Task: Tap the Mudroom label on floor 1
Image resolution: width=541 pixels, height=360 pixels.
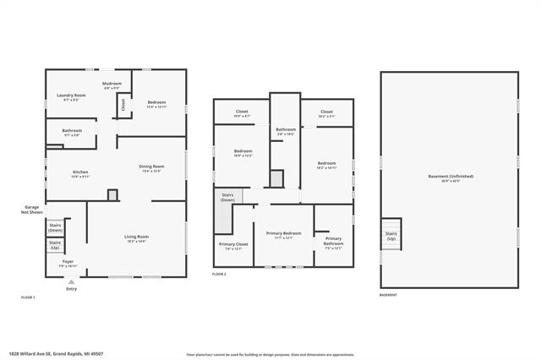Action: pyautogui.click(x=112, y=84)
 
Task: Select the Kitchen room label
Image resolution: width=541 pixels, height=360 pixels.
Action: pyautogui.click(x=79, y=172)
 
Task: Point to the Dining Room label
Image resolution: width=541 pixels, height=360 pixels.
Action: pyautogui.click(x=151, y=166)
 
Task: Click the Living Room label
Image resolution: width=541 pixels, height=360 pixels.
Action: pyautogui.click(x=136, y=237)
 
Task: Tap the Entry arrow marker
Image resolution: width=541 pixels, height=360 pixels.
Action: pyautogui.click(x=71, y=282)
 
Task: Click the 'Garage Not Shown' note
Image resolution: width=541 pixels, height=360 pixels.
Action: pyautogui.click(x=32, y=211)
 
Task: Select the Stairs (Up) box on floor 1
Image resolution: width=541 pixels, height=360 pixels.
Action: pyautogui.click(x=56, y=246)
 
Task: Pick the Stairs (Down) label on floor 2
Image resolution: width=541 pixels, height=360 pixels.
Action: pyautogui.click(x=227, y=196)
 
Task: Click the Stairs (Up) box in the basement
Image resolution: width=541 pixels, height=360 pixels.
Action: pyautogui.click(x=391, y=235)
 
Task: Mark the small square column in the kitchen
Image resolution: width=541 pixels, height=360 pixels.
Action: pyautogui.click(x=112, y=194)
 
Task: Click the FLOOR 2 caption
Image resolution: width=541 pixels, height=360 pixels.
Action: pyautogui.click(x=219, y=275)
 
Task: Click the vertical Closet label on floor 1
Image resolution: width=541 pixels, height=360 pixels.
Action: pyautogui.click(x=123, y=105)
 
